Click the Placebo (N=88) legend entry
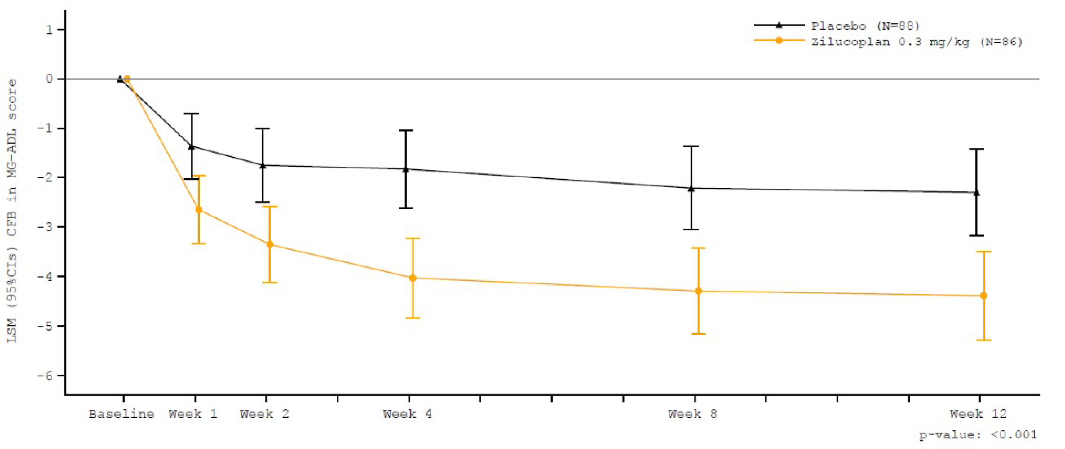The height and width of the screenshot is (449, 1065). coord(865,26)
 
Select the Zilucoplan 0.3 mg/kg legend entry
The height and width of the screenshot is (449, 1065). coord(917,42)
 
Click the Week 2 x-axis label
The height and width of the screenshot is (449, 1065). coord(264,414)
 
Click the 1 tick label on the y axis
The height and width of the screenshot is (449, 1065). coord(49,29)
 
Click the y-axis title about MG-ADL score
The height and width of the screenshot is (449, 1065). coord(12,211)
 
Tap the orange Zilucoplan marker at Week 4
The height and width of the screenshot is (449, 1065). coord(413,278)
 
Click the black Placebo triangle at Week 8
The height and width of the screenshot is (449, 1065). coord(691,188)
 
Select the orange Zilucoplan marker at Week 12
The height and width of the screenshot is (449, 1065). coord(984,296)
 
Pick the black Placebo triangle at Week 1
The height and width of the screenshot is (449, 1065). coord(191,147)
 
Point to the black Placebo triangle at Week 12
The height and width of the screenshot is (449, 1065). coord(976,192)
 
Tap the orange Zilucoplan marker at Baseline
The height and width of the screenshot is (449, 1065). coord(127,79)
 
